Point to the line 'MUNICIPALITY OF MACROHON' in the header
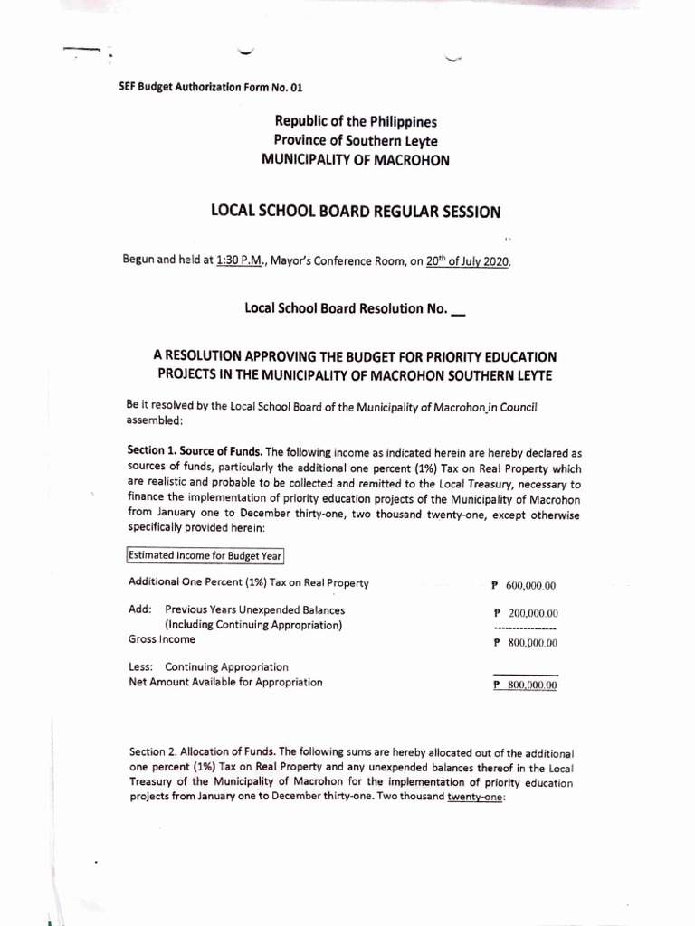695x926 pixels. (355, 158)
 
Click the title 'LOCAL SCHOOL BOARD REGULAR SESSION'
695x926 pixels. (354, 213)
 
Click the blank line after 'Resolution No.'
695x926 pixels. (458, 309)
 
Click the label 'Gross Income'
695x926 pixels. (162, 639)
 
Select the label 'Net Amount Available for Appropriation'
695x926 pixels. (225, 683)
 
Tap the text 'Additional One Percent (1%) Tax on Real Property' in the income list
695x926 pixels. (249, 582)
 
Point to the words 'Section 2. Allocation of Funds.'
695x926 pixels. (203, 751)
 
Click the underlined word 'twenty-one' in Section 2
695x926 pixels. (479, 797)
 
